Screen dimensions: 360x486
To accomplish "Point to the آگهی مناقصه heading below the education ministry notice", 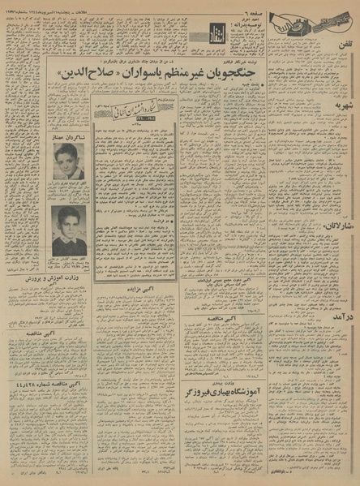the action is (67, 333).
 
